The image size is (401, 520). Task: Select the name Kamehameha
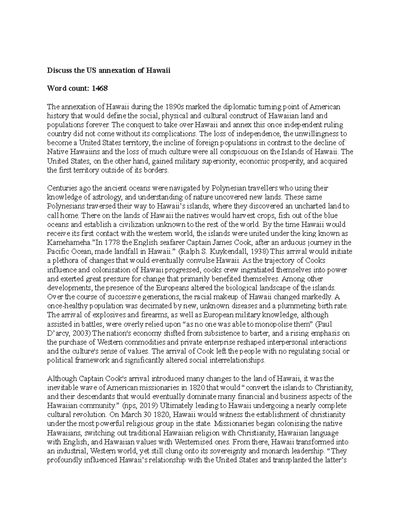pyautogui.click(x=67, y=242)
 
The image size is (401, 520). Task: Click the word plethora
pyautogui.click(x=66, y=261)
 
